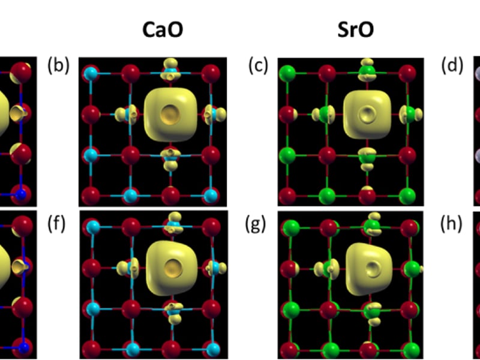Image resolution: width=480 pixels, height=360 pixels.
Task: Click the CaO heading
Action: pyautogui.click(x=162, y=31)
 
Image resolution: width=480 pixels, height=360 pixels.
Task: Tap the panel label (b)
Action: pyautogui.click(x=58, y=66)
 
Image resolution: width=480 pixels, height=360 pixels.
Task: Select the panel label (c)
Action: pyautogui.click(x=258, y=66)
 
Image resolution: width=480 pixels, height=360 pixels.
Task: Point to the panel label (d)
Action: pyautogui.click(x=452, y=66)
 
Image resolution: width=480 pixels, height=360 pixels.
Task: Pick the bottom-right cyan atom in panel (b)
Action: pyautogui.click(x=210, y=196)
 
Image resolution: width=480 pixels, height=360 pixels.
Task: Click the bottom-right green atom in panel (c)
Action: pyautogui.click(x=407, y=196)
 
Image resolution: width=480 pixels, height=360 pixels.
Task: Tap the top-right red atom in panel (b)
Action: pyautogui.click(x=210, y=74)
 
